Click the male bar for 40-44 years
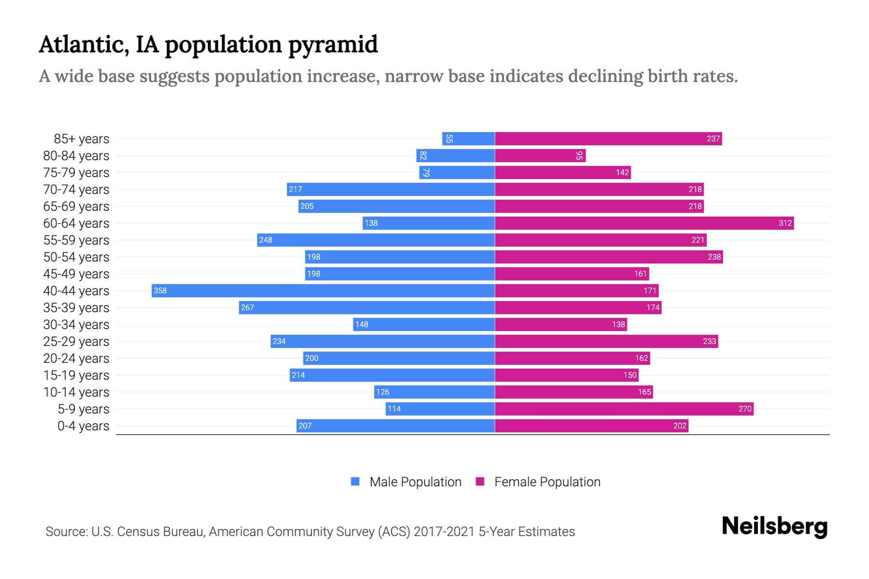pos(323,290)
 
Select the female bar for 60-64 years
pos(644,223)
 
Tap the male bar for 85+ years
pos(468,138)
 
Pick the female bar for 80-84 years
pos(540,155)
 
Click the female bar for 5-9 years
pos(624,409)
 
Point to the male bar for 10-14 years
pos(434,392)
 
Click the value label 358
pos(160,290)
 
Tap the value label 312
pos(785,223)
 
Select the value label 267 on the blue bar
pos(247,307)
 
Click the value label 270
pos(744,409)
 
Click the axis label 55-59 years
pos(76,240)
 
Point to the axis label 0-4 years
pos(83,426)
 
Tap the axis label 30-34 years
pos(76,325)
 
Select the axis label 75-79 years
pos(76,173)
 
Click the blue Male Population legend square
pos(355,482)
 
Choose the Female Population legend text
pos(547,482)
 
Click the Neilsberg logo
pos(774,526)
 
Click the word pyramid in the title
pos(333,45)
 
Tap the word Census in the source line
pos(138,532)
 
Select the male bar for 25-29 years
pos(382,341)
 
